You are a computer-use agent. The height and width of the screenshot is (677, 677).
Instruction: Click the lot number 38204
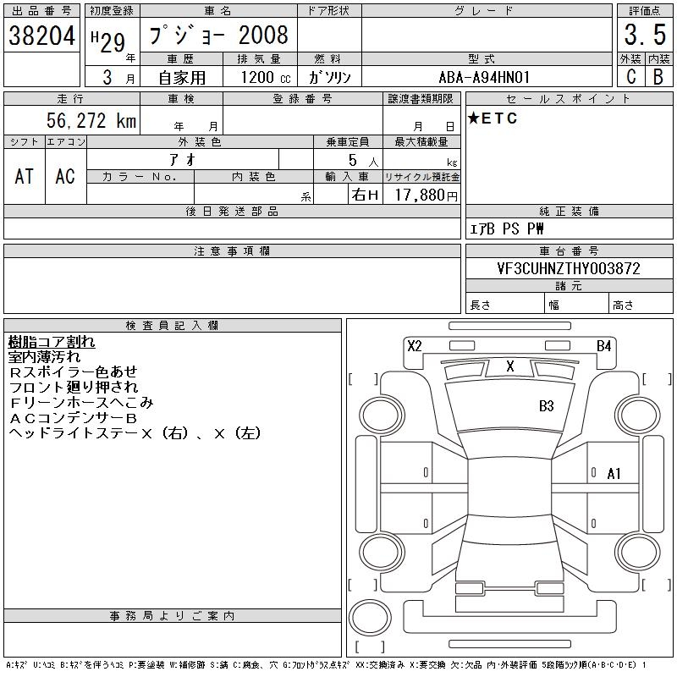[x=41, y=36]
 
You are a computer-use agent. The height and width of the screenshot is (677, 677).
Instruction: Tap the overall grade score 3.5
[x=645, y=35]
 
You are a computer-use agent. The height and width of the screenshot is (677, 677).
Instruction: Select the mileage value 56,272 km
[x=91, y=120]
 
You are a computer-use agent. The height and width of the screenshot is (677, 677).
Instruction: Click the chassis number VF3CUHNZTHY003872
[x=569, y=268]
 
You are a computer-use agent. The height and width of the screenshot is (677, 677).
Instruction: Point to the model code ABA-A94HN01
[x=484, y=77]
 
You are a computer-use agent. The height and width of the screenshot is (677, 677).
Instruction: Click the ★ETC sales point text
[x=493, y=118]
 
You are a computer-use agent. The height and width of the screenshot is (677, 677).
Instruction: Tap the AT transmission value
[x=25, y=176]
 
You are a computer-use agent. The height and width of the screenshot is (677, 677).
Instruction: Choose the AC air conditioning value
[x=65, y=176]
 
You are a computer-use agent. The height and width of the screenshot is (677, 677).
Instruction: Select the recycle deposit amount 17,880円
[x=426, y=195]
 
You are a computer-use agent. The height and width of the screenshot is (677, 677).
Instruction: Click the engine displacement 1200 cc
[x=266, y=77]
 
